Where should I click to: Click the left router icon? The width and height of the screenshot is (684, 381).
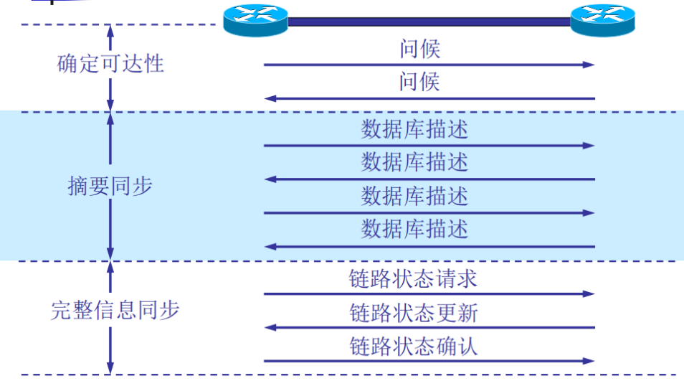point(255,20)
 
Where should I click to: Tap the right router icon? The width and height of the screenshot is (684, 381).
point(602,20)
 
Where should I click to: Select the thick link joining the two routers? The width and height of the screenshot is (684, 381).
point(429,22)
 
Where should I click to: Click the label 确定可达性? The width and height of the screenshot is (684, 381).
point(110,63)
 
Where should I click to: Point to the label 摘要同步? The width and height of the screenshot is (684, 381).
point(110,187)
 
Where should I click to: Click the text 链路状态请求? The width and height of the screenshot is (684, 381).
point(414,278)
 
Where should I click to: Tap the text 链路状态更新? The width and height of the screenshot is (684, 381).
point(414,313)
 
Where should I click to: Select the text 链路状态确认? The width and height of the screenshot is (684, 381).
point(414,347)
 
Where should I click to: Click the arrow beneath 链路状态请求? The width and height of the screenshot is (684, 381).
point(429,294)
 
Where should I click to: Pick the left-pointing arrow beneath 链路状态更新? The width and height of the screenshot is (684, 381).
point(429,328)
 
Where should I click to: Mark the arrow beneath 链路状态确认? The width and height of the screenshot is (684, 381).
point(429,361)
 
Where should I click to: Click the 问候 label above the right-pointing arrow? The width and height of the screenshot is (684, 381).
point(419,49)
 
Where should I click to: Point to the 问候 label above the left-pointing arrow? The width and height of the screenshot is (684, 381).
point(419,82)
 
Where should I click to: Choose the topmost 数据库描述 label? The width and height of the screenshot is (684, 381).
point(414,130)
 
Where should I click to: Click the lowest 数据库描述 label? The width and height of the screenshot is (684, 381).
point(414,230)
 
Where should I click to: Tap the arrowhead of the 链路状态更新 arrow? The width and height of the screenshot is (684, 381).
point(270,328)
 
